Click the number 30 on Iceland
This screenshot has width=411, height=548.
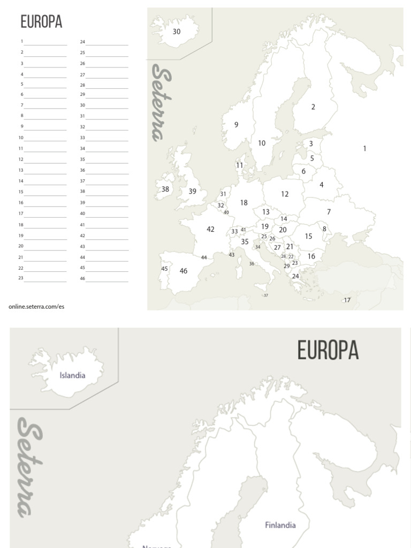tap(177, 32)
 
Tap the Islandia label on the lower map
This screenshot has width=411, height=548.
tap(72, 375)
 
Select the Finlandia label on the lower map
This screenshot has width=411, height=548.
tap(280, 525)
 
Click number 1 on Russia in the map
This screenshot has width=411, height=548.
tap(364, 149)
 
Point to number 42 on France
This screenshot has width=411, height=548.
tap(210, 229)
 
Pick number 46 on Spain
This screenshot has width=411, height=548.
tap(184, 271)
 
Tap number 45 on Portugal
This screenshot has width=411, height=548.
tap(164, 269)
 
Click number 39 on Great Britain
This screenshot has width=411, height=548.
tap(192, 191)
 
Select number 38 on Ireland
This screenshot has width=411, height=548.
tap(165, 189)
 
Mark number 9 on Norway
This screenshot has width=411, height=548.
tap(236, 125)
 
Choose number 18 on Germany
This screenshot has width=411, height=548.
tap(244, 203)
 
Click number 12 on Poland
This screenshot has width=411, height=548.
tap(285, 194)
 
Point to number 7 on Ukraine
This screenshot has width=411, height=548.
tap(329, 212)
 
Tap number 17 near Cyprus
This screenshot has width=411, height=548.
tap(347, 300)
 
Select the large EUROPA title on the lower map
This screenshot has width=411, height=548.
tap(328, 351)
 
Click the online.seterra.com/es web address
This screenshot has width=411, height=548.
tap(36, 307)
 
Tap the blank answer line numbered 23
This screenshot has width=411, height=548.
tap(45, 280)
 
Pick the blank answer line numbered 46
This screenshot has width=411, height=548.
tap(107, 280)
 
